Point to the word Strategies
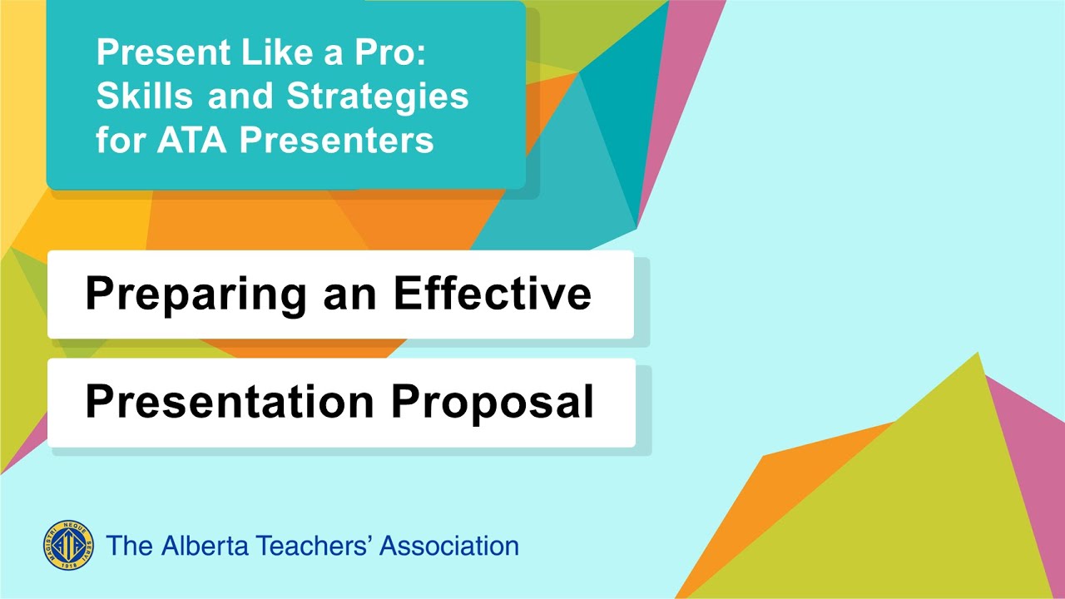[378, 97]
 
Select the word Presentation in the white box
[230, 402]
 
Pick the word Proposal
[493, 403]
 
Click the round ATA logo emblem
[68, 546]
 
